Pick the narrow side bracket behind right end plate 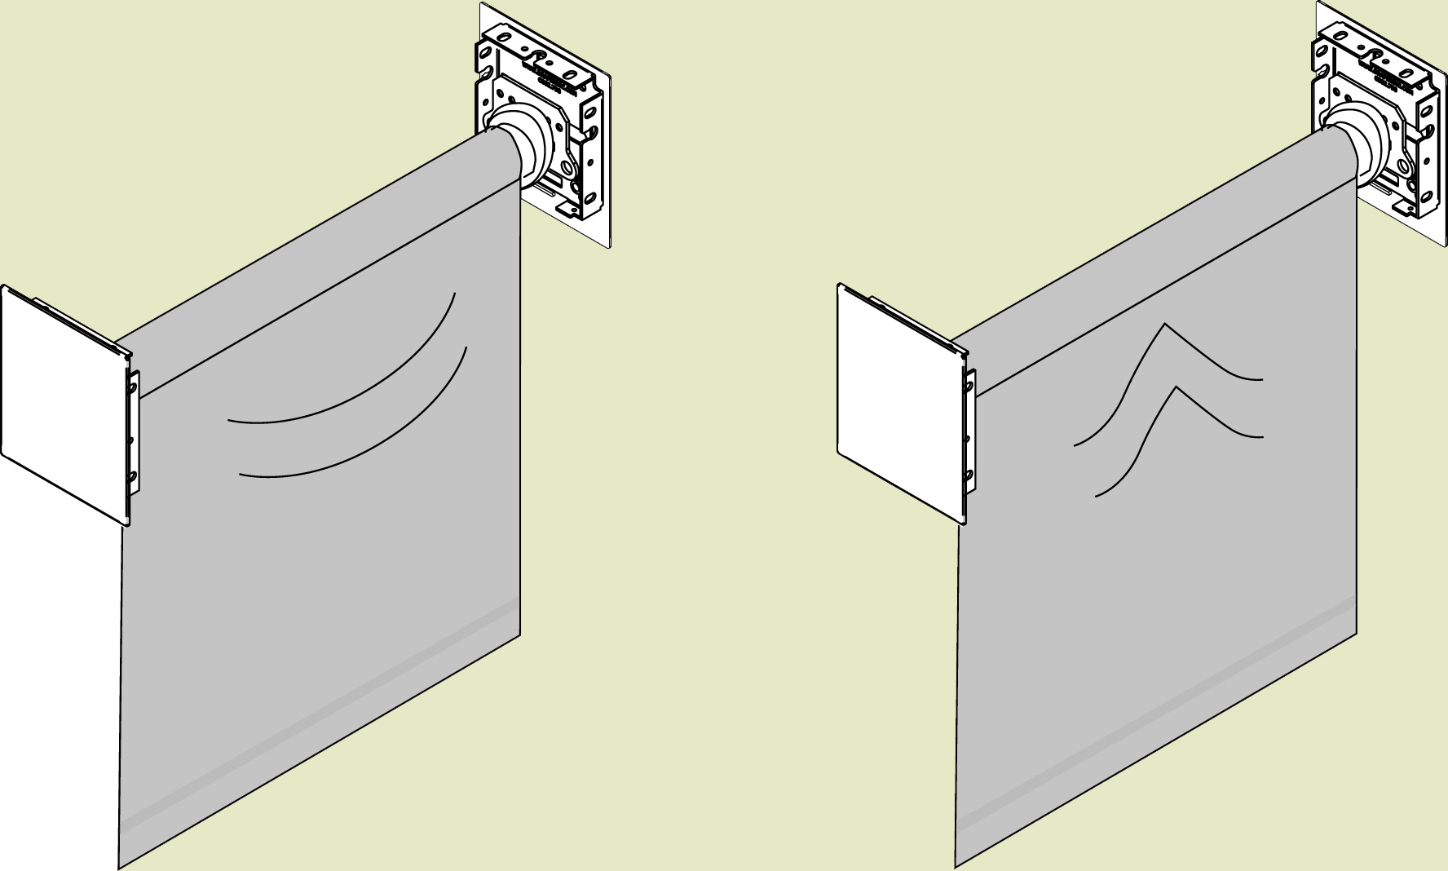tap(969, 432)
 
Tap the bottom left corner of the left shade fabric tap(120, 868)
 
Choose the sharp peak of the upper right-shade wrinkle tap(1165, 324)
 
